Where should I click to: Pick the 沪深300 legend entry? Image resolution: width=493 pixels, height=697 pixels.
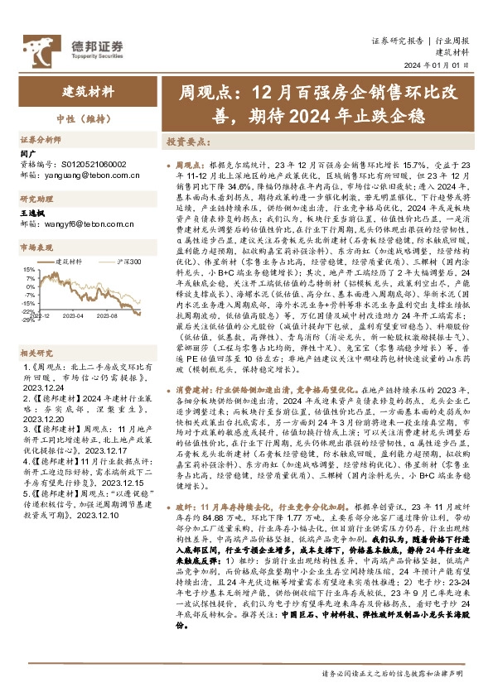coord(129,262)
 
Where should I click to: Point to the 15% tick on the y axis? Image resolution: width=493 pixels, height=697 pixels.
coord(27,270)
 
